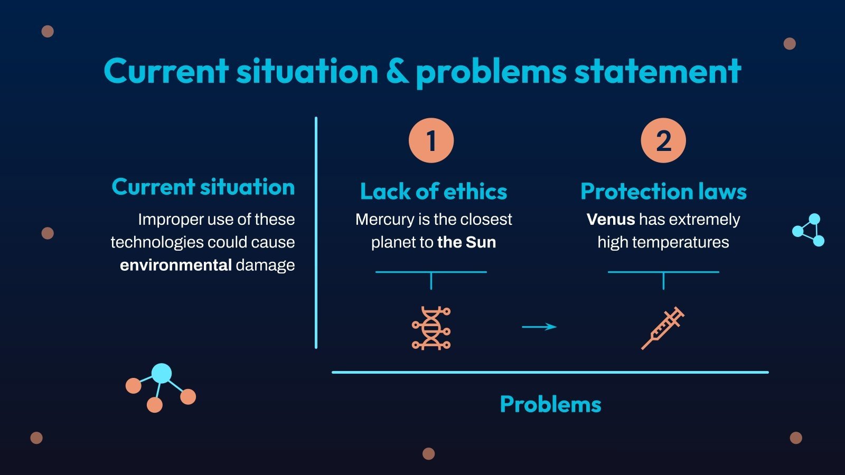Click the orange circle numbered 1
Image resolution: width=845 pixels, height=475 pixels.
[431, 140]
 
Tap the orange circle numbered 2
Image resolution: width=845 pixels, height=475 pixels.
[663, 140]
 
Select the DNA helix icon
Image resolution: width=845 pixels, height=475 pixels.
[431, 328]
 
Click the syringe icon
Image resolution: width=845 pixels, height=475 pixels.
[663, 328]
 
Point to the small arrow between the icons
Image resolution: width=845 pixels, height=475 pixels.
[539, 327]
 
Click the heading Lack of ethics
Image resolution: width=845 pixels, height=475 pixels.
[434, 192]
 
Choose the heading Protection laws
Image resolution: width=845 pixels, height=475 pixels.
[663, 192]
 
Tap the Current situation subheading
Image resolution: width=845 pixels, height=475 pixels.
[203, 187]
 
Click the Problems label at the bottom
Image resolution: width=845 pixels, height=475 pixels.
[550, 404]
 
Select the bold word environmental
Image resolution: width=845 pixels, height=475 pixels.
[176, 265]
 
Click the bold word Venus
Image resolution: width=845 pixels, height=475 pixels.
[611, 219]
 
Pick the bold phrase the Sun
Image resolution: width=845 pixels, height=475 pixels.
[467, 242]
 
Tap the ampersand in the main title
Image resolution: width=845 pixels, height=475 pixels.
[397, 71]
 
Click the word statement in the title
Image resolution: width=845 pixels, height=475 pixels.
[658, 71]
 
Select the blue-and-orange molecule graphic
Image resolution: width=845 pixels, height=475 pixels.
[161, 387]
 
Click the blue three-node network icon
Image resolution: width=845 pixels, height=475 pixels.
[809, 230]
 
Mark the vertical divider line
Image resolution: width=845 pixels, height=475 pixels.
[316, 232]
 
